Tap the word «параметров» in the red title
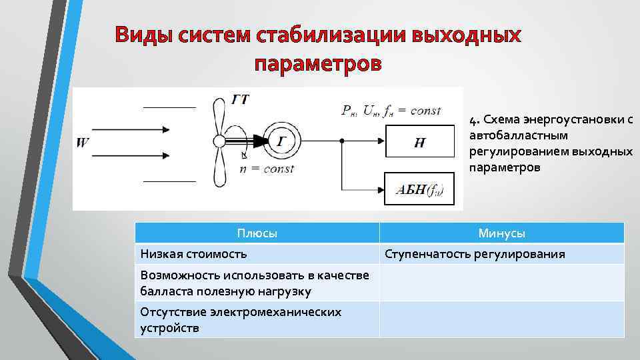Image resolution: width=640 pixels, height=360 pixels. point(319,65)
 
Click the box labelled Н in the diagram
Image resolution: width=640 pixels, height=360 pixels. point(419,143)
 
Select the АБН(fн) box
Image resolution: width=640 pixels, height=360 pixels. point(419,189)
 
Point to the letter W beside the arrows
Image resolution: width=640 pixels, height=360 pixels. point(83,142)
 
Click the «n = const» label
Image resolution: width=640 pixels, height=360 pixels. point(267,169)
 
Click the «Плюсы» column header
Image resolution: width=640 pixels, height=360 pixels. point(257,233)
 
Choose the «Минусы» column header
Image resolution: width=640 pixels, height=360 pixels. point(501,233)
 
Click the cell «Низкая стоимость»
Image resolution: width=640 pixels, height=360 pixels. point(193,254)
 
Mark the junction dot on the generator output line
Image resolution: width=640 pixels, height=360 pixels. point(341,141)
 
